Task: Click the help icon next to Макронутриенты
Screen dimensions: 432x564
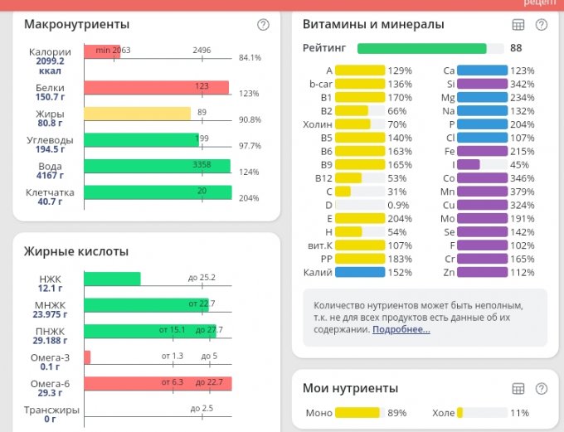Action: click(263, 25)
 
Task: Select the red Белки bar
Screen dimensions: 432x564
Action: click(157, 88)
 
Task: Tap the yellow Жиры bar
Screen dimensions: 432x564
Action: click(138, 114)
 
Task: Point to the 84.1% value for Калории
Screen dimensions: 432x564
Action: click(250, 58)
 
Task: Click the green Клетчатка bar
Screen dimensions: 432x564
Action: click(158, 192)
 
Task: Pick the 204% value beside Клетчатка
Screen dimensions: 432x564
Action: click(249, 198)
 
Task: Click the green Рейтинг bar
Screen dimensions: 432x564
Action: click(421, 48)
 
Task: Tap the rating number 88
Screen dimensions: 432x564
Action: click(516, 48)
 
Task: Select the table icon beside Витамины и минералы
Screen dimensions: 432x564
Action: click(519, 25)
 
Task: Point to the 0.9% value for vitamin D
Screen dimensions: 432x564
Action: click(399, 205)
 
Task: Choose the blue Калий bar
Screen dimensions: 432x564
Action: click(360, 272)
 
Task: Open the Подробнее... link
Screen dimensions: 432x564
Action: click(401, 329)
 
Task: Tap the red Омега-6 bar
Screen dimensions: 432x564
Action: click(158, 384)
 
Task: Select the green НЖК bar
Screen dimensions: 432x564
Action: click(113, 279)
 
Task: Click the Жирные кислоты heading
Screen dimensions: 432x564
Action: click(76, 251)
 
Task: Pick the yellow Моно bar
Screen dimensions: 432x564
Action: click(357, 413)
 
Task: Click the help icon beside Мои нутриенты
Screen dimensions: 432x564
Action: click(542, 389)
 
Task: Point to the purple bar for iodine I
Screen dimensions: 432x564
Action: click(469, 164)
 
